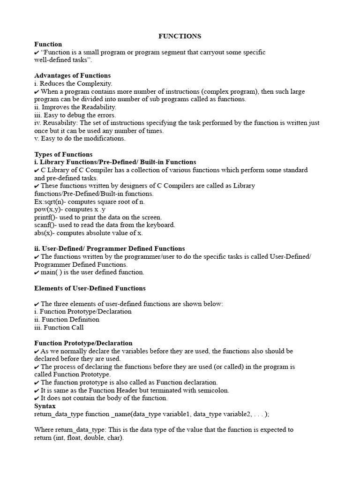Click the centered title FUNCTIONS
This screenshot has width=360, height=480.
coord(180,36)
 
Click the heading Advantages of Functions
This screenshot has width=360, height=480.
coord(73,75)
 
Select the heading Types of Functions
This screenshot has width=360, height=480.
coord(63,154)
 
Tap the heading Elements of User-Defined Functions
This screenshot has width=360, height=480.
coord(90,288)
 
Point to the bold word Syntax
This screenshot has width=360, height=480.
coord(45,406)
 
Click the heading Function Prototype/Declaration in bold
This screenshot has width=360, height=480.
coord(83,343)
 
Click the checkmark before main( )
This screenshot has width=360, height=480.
coord(37,272)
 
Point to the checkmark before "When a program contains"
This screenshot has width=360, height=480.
coord(37,92)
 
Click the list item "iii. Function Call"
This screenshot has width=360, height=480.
coord(59,327)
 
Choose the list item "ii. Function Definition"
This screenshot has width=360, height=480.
coord(67,319)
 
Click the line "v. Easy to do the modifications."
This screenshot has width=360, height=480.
coord(80,139)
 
